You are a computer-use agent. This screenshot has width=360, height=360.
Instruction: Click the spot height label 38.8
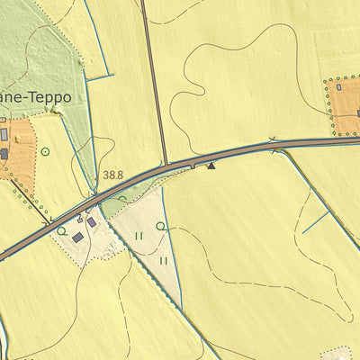tap(112, 175)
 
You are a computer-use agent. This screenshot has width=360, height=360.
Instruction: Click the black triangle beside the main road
tap(211, 166)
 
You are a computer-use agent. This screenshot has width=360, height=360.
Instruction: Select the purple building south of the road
tap(91, 221)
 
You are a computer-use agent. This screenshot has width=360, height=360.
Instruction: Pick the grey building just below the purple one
tap(78, 237)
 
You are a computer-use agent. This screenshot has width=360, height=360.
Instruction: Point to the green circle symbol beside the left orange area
tap(44, 151)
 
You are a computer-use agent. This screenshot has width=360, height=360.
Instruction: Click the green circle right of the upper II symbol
tap(161, 226)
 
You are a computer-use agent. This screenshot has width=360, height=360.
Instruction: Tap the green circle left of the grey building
tap(61, 231)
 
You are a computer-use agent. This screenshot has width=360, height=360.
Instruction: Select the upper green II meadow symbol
tap(139, 236)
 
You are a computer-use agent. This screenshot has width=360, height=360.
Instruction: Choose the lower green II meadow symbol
tap(164, 261)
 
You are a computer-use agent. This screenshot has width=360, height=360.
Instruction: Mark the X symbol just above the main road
tap(273, 139)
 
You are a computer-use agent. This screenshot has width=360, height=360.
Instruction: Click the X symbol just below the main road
tap(274, 152)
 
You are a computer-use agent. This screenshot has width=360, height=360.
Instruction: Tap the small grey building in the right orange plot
tap(338, 87)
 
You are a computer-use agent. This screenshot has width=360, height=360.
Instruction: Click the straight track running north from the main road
tap(155, 81)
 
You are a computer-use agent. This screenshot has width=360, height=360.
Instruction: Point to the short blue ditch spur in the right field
tap(316, 221)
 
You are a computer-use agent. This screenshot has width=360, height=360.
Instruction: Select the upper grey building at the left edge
tap(4, 134)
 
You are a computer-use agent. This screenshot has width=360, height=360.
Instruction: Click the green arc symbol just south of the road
tap(121, 199)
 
